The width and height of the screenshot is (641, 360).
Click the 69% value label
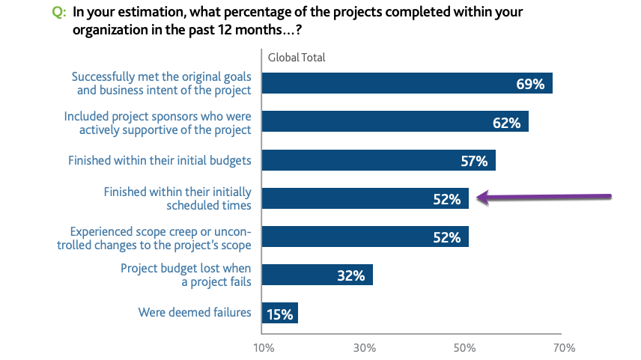pos(530,84)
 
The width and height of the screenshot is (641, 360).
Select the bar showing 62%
pos(395,122)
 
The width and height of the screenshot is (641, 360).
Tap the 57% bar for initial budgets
pos(378,160)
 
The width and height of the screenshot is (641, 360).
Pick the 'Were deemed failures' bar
pos(279,313)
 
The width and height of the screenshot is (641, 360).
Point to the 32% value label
pos(350,275)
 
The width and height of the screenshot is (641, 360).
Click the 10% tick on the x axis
pos(264,347)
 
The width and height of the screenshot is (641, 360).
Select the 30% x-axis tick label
pos(364,347)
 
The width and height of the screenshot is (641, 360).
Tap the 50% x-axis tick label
pos(464,347)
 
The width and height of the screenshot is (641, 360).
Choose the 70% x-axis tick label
pos(564,347)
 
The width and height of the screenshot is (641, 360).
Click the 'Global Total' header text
pos(297,58)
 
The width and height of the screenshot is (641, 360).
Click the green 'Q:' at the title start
pos(57,13)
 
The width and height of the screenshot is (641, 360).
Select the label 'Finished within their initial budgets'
pos(160,160)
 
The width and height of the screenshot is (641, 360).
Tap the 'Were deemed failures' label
pos(195,312)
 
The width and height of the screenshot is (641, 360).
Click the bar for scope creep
pos(365,237)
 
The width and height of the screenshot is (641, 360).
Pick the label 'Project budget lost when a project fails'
pos(186,275)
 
